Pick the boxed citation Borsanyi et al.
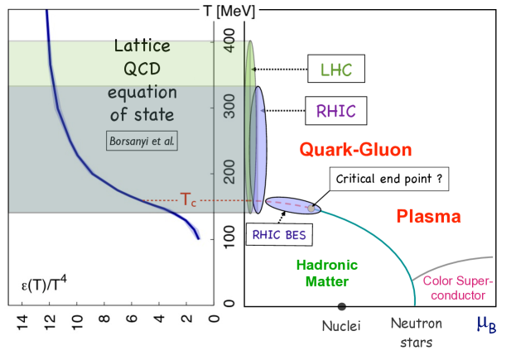142,140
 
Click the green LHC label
336,70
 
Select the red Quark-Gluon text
355,151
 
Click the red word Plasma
428,217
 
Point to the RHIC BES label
279,234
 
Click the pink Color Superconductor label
454,287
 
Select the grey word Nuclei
341,326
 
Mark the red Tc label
189,199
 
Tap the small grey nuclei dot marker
341,305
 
